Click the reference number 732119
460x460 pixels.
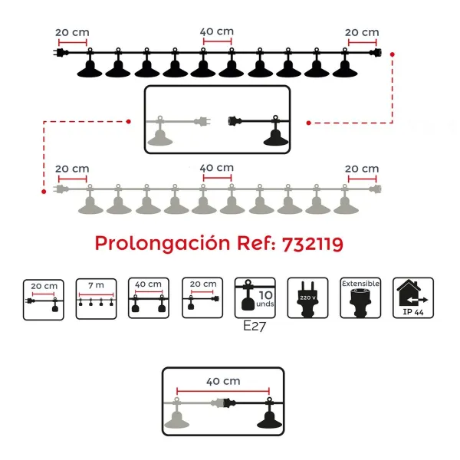pos(313,244)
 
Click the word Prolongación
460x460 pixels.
pos(163,244)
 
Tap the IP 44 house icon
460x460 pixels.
pos(413,297)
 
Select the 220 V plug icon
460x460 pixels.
pos(307,297)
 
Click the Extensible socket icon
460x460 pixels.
pos(360,297)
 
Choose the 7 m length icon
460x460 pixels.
pos(97,299)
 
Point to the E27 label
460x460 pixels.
pos(255,326)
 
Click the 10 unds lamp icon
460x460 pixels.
pos(255,297)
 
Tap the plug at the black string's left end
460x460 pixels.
pos(61,53)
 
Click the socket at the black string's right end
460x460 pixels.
pos(375,53)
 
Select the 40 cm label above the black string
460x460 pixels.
pos(217,31)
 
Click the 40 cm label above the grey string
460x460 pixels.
pos(217,168)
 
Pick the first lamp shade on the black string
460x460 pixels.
pos(90,69)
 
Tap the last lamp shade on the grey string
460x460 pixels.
pos(346,205)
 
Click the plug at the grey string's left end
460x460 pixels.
pos(61,189)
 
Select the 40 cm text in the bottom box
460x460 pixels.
pos(223,381)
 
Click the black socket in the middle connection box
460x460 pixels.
pos(235,120)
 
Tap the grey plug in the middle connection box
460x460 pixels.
pos(202,121)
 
